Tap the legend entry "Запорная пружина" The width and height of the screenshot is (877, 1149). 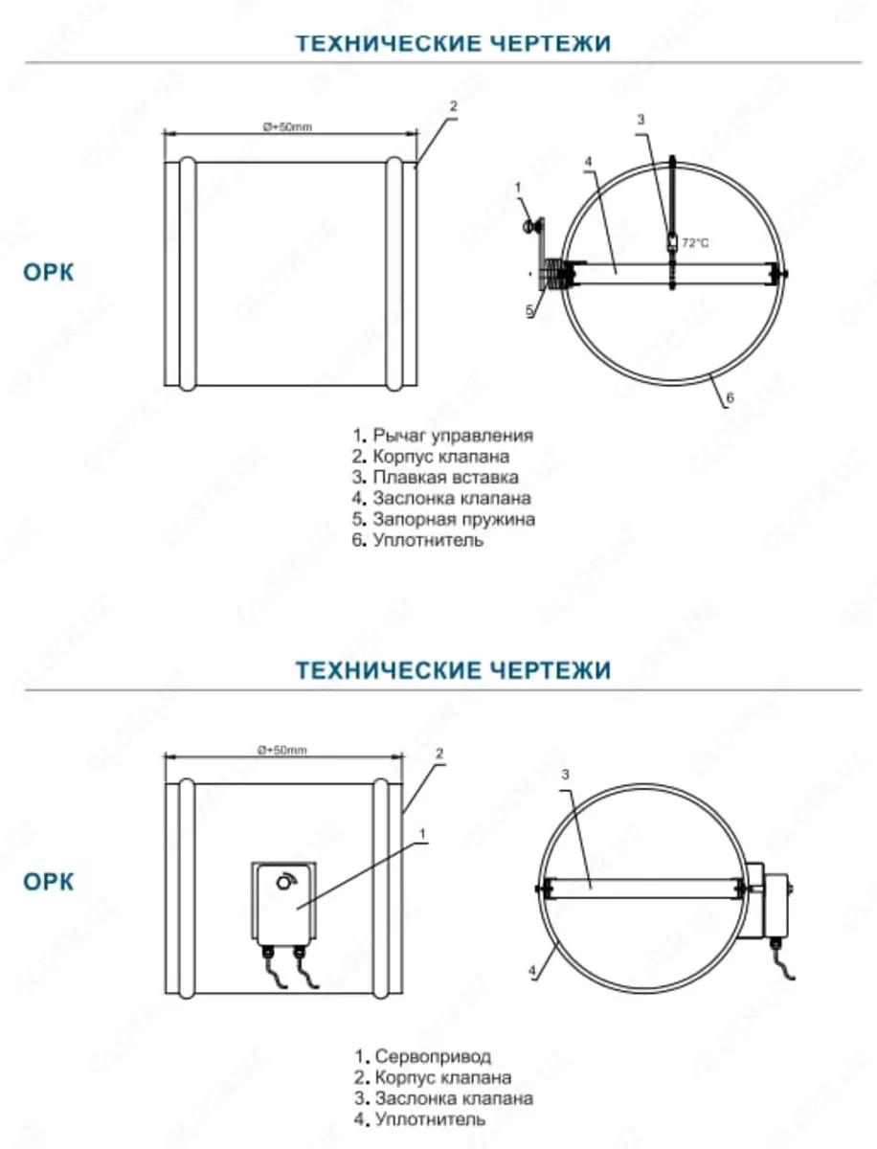tap(453, 519)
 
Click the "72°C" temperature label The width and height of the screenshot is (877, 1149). tap(695, 243)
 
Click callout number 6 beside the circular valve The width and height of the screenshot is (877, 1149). tap(730, 399)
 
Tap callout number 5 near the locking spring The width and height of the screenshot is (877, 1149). tap(528, 310)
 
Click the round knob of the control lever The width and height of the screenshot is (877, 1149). tap(527, 227)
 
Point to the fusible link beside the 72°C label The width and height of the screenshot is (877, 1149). tap(673, 241)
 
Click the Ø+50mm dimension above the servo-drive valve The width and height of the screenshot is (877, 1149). tap(282, 750)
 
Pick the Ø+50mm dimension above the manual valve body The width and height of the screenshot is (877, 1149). tap(288, 126)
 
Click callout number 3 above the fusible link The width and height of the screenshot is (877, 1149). tap(641, 119)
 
